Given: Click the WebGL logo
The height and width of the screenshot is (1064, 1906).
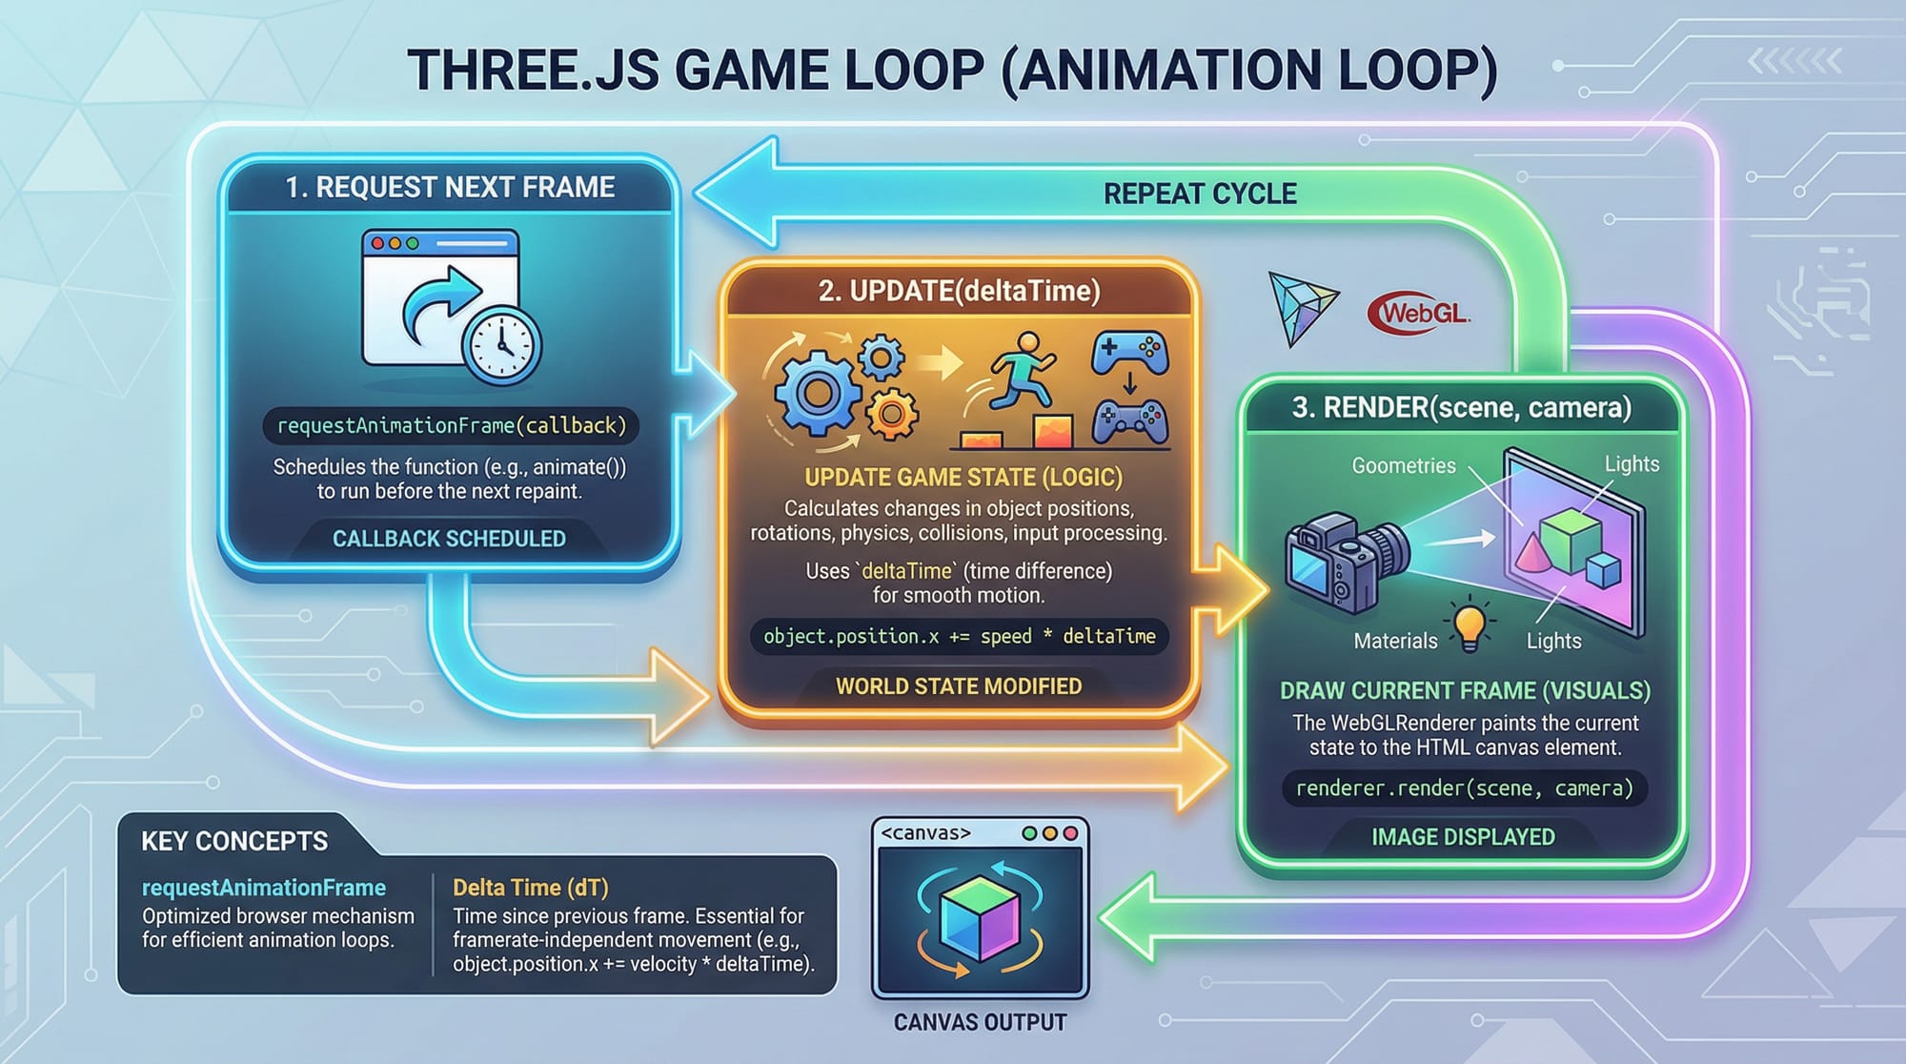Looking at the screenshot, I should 1419,313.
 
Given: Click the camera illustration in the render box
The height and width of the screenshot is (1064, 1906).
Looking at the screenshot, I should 1344,562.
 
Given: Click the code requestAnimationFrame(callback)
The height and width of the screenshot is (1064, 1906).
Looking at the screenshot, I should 452,425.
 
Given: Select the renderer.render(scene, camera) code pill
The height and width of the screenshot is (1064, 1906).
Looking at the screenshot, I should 1464,788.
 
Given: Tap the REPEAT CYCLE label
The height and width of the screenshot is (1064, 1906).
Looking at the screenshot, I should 1199,194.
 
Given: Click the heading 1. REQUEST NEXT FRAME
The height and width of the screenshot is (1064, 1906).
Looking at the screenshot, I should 450,188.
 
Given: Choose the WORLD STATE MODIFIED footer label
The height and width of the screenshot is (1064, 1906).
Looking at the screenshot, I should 959,686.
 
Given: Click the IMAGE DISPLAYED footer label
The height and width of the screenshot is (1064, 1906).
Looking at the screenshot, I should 1463,837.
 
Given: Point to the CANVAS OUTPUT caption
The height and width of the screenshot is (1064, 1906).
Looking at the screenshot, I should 980,1022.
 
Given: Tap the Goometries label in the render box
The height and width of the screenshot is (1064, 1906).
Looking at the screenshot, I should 1404,465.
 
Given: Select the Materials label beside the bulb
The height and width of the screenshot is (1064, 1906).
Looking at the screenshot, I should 1395,641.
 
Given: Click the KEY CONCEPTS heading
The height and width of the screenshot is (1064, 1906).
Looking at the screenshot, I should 234,841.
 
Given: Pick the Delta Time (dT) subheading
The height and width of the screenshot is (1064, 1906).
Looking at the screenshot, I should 530,888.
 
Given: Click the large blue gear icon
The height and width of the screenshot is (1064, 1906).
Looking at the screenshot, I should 816,392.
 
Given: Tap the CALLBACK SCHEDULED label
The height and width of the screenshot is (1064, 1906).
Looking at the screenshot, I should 449,539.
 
